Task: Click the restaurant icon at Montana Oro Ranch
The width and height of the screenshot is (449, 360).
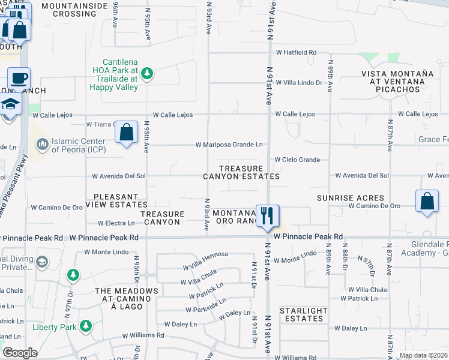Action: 267,215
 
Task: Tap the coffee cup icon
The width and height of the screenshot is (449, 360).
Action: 19,78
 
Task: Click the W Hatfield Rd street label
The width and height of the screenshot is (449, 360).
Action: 296,53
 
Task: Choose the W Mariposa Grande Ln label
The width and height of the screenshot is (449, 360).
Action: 229,145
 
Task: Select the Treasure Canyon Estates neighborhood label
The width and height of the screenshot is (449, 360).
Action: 241,173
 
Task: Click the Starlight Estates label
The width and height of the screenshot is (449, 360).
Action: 304,314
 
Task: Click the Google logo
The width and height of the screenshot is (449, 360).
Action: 20,353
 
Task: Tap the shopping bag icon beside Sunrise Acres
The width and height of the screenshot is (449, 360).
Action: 426,202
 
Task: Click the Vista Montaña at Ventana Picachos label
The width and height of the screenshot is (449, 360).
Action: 397,81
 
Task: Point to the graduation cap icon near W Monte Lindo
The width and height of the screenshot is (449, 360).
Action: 42,262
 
